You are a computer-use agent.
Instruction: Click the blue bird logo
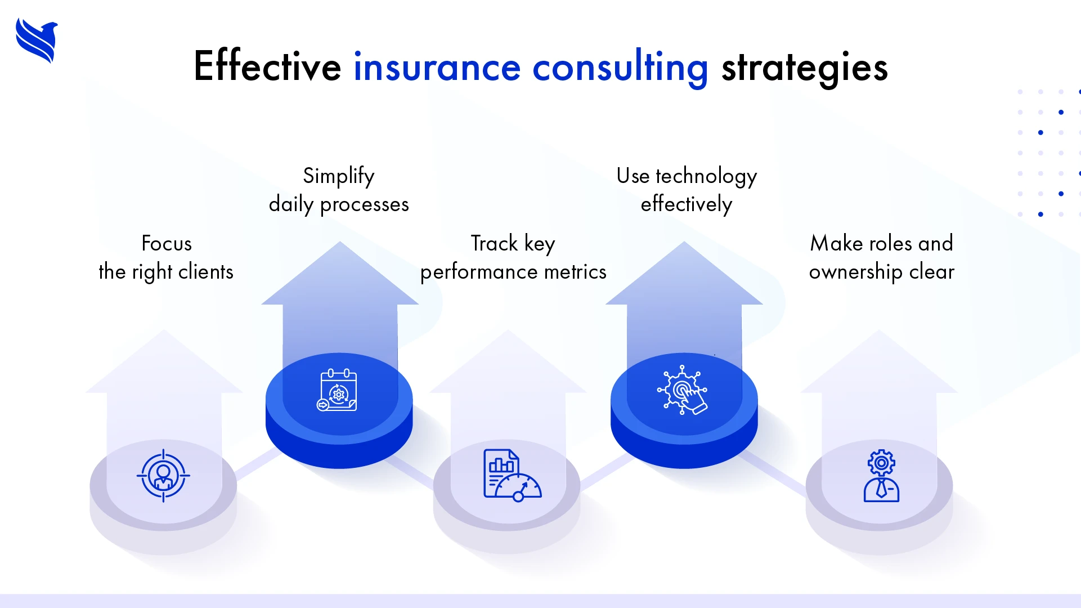[x=37, y=41]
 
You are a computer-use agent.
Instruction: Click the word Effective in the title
[x=267, y=67]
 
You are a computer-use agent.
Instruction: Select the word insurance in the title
[x=437, y=67]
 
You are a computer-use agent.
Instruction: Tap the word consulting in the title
[x=620, y=67]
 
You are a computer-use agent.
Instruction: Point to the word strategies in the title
[x=804, y=67]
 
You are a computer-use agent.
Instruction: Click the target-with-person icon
[x=163, y=476]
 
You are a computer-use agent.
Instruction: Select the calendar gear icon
[x=337, y=390]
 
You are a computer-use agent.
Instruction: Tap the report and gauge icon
[x=512, y=475]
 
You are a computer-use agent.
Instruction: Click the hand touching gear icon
[x=683, y=390]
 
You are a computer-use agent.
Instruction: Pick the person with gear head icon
[x=881, y=476]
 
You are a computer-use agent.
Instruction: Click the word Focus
[x=167, y=244]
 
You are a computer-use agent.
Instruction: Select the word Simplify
[x=339, y=176]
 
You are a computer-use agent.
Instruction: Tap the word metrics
[x=575, y=272]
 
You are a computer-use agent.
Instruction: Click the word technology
[x=706, y=177]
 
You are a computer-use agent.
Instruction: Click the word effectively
[x=686, y=204]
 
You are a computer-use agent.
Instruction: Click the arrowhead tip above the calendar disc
[x=340, y=243]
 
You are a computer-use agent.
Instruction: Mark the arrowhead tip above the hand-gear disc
[x=684, y=243]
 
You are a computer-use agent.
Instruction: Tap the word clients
[x=205, y=272]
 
